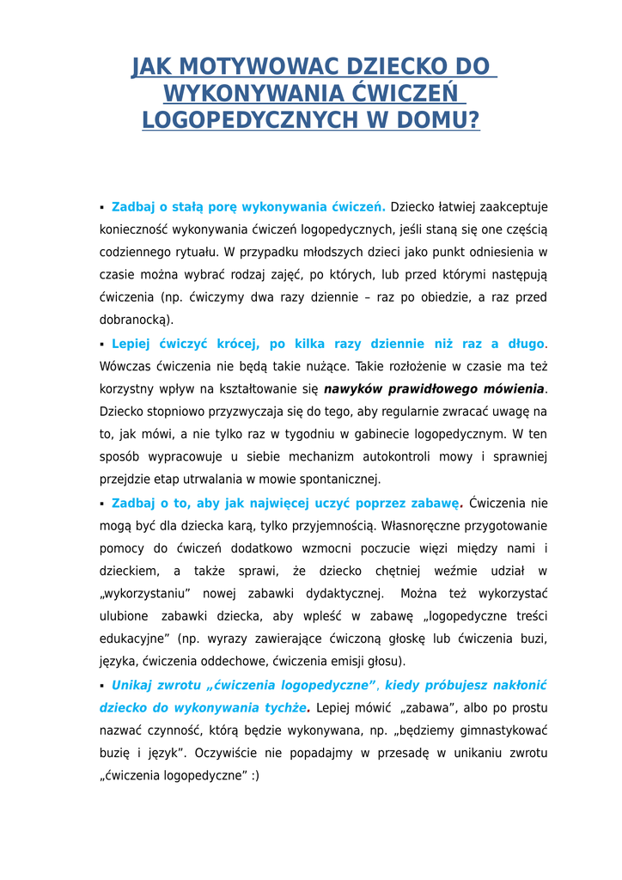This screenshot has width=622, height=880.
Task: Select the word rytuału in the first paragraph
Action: pyautogui.click(x=192, y=252)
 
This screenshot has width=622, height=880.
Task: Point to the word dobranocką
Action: pyautogui.click(x=141, y=320)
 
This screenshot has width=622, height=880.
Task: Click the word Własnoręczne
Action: pyautogui.click(x=423, y=525)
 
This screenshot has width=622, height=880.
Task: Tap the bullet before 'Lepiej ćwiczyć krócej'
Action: pyautogui.click(x=102, y=344)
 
